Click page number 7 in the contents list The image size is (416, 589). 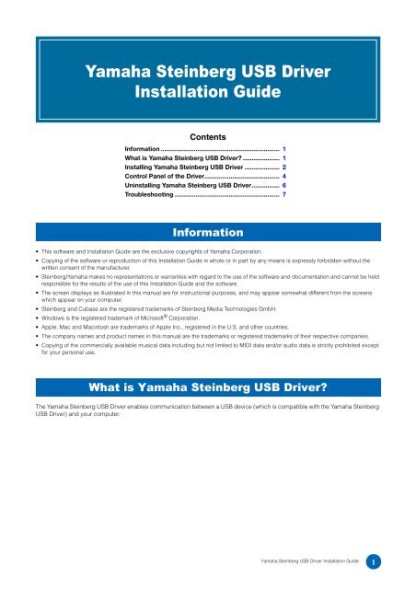pyautogui.click(x=285, y=195)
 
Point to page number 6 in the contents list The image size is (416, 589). pyautogui.click(x=285, y=183)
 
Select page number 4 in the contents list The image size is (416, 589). pyautogui.click(x=285, y=171)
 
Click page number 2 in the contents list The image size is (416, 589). pyautogui.click(x=285, y=159)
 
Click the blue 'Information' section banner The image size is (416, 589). pyautogui.click(x=207, y=231)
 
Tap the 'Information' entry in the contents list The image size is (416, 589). pyautogui.click(x=143, y=147)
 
